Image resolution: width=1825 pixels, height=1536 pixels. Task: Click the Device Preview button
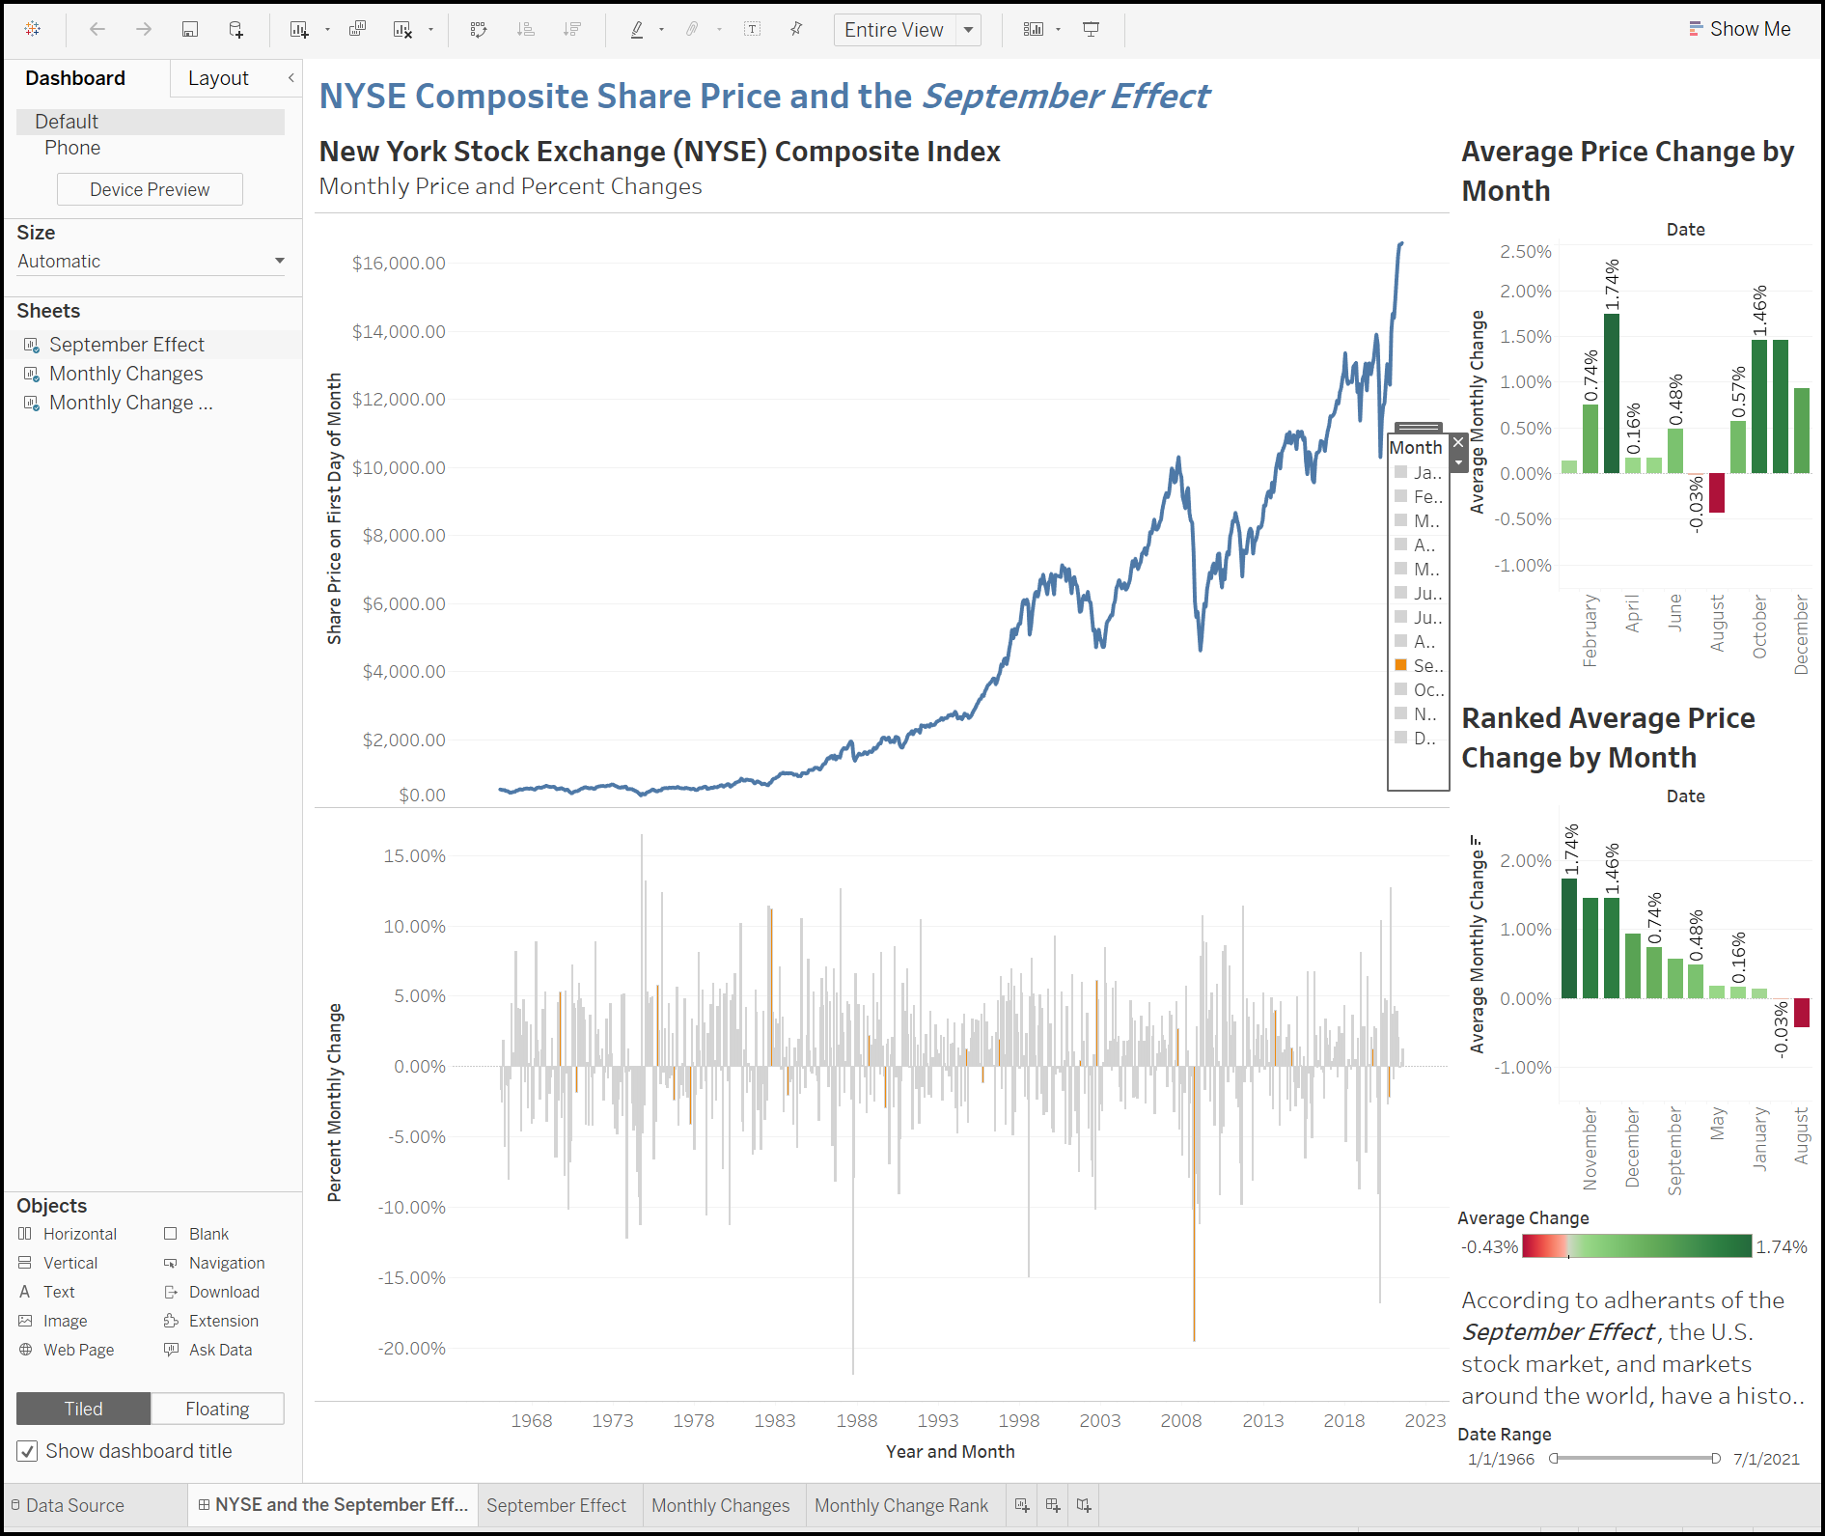[150, 189]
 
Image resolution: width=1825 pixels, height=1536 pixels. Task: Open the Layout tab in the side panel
[218, 78]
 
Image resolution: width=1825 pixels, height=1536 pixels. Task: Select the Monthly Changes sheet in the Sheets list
[125, 374]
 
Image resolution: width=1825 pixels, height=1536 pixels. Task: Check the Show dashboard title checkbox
[28, 1451]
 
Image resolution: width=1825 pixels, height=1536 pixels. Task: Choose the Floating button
[217, 1409]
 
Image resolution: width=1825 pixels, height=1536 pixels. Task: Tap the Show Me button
[1740, 29]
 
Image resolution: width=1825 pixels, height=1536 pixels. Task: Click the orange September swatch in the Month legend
[1400, 665]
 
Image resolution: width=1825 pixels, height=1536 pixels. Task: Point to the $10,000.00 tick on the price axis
[399, 467]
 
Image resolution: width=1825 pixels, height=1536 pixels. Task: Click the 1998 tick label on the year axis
[1018, 1420]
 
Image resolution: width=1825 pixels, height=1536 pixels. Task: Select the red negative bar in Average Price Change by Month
[1716, 492]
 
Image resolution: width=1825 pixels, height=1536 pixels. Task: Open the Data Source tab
[74, 1505]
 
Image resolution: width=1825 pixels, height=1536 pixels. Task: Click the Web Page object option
[78, 1350]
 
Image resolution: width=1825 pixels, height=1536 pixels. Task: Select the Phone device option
[72, 148]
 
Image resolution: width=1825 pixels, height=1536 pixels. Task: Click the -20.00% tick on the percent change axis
[412, 1348]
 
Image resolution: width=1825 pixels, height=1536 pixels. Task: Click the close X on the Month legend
[1458, 441]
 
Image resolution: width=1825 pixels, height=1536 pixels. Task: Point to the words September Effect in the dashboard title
[1065, 97]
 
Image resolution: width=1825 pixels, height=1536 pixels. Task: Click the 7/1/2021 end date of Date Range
[1765, 1459]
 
